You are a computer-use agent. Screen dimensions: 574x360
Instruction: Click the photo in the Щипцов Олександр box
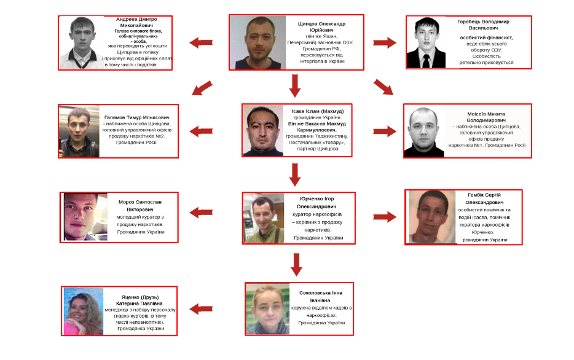pyautogui.click(x=260, y=42)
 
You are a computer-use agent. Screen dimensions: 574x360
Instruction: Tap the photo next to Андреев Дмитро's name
pyautogui.click(x=82, y=42)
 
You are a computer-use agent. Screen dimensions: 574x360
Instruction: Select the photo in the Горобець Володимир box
pyautogui.click(x=427, y=42)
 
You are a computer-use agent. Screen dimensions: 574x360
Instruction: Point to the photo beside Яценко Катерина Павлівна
pyautogui.click(x=84, y=311)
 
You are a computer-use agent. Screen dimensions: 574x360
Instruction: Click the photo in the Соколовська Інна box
pyautogui.click(x=268, y=309)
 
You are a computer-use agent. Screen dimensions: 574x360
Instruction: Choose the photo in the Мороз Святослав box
pyautogui.click(x=85, y=217)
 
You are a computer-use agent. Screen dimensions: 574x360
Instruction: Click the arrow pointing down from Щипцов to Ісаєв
pyautogui.click(x=295, y=85)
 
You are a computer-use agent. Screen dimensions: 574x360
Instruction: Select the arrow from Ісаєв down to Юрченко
pyautogui.click(x=295, y=174)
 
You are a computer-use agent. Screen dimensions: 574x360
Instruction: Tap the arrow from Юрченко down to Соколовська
pyautogui.click(x=296, y=264)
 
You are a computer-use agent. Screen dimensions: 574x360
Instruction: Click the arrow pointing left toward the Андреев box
pyautogui.click(x=201, y=43)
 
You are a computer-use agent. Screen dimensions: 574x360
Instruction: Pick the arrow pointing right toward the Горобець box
pyautogui.click(x=385, y=43)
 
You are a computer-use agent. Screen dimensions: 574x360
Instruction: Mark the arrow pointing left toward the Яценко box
pyautogui.click(x=201, y=309)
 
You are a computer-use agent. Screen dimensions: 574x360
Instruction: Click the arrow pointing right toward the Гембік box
pyautogui.click(x=385, y=217)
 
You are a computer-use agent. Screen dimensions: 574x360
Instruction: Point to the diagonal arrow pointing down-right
pyautogui.click(x=383, y=88)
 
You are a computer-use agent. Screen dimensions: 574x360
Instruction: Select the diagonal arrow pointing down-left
pyautogui.click(x=202, y=88)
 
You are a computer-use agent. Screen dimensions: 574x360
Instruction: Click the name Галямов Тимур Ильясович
pyautogui.click(x=137, y=117)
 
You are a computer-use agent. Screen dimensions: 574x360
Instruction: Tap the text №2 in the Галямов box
pyautogui.click(x=160, y=136)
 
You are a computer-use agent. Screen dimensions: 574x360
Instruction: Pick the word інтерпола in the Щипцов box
pyautogui.click(x=311, y=61)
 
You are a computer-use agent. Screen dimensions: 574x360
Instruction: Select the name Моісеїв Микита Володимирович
pyautogui.click(x=486, y=117)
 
